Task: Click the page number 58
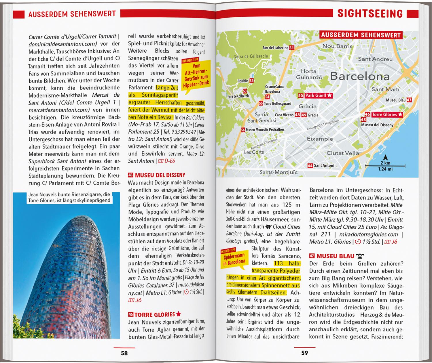click(x=124, y=353)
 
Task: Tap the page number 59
click(x=304, y=353)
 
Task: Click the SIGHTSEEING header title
click(x=370, y=14)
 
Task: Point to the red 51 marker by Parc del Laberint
click(x=291, y=48)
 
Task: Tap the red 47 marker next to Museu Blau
click(x=409, y=100)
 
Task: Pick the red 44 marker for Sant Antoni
click(x=310, y=166)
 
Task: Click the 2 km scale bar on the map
click(x=385, y=166)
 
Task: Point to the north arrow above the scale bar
click(x=385, y=158)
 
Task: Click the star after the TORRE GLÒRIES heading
click(x=179, y=314)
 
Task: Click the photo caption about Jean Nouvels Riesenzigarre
click(x=69, y=197)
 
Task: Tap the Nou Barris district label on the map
click(x=337, y=46)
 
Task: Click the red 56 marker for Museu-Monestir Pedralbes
click(x=243, y=130)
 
